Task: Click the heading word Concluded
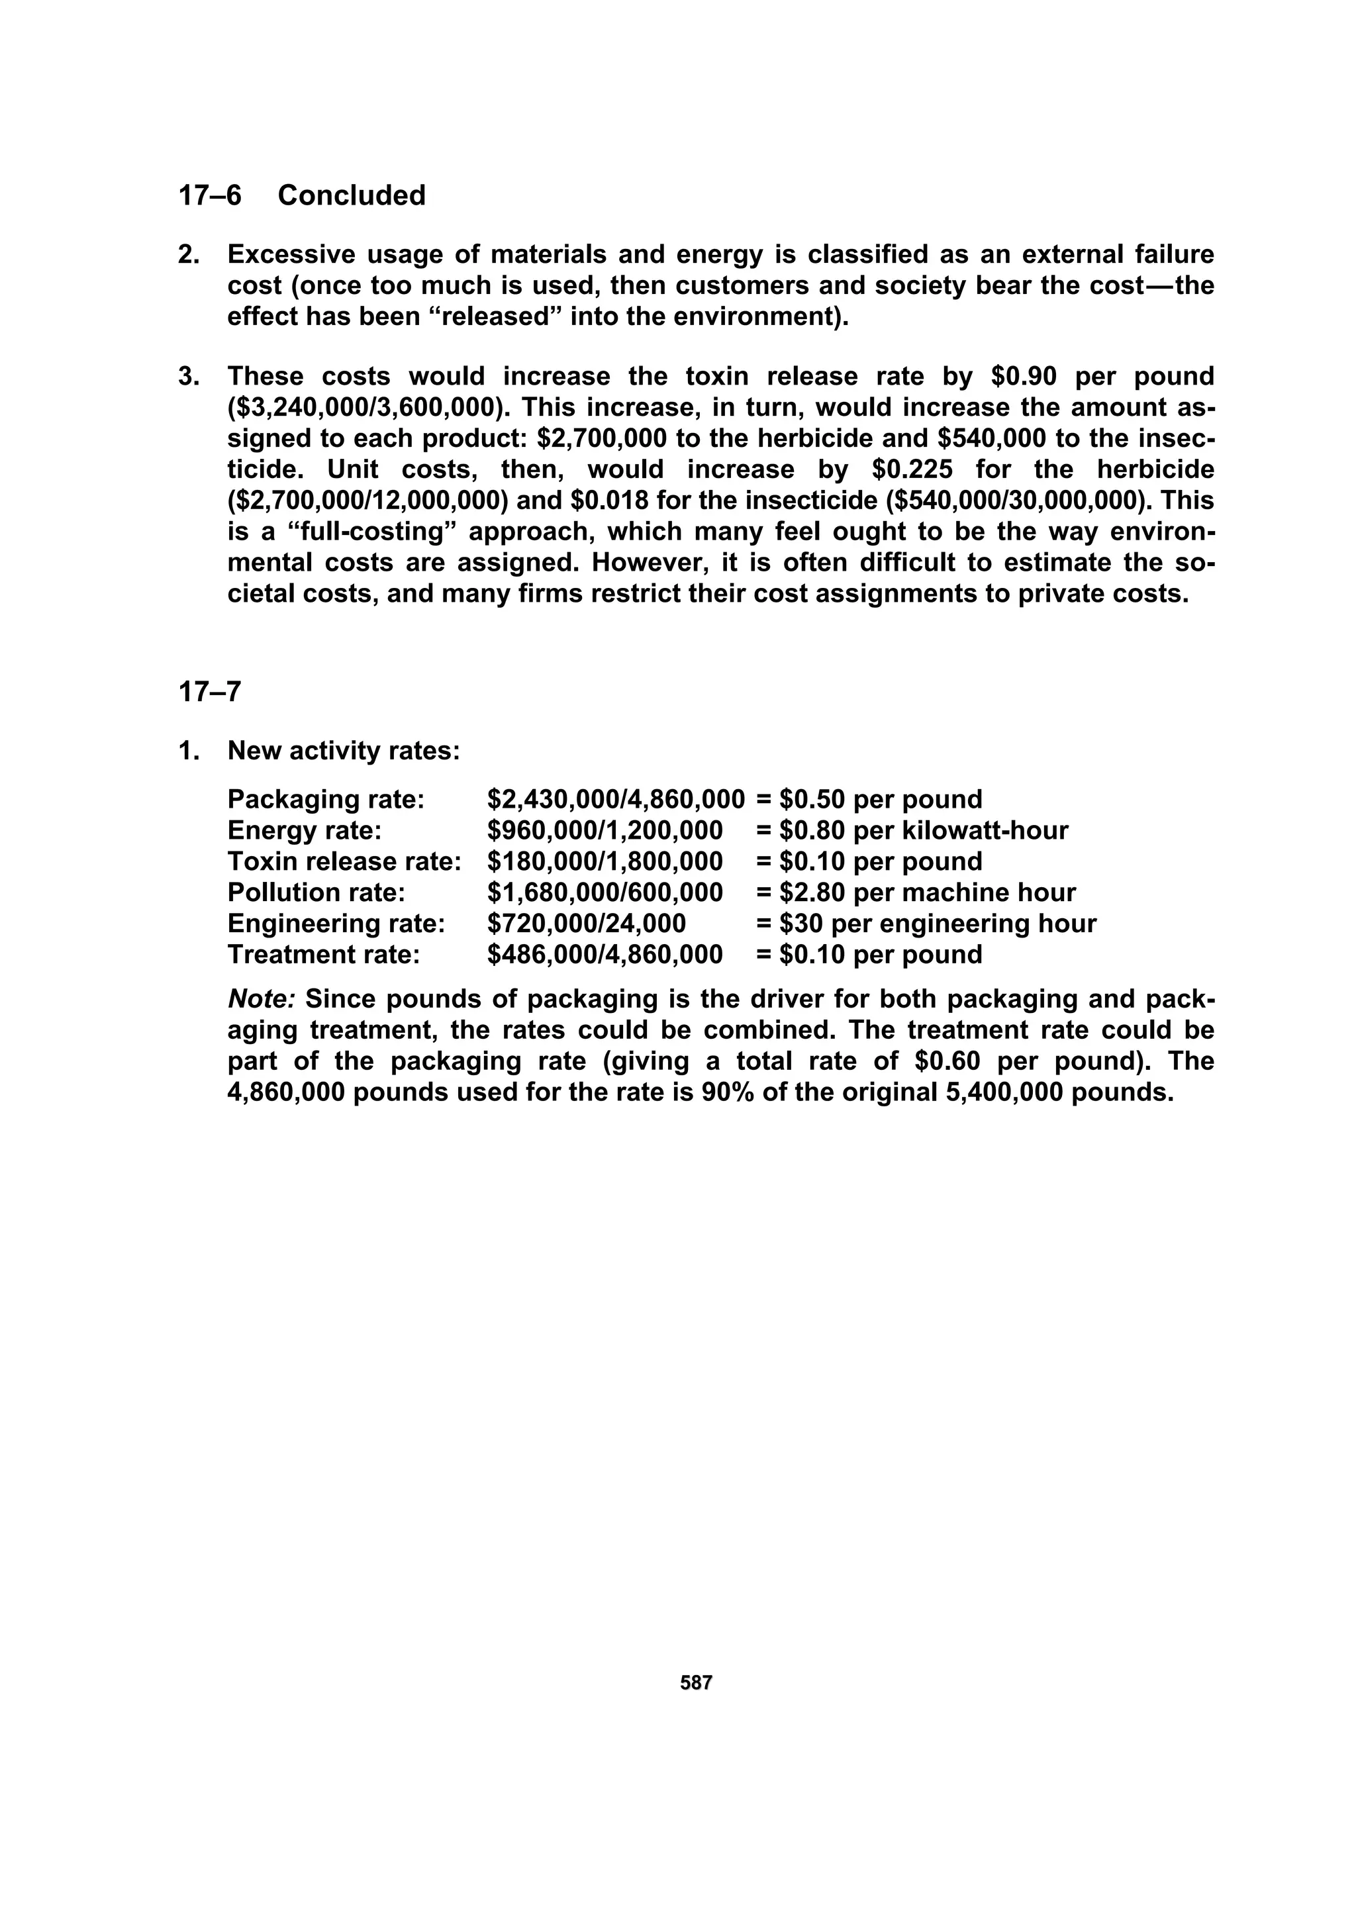coord(351,195)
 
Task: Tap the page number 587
coord(696,1682)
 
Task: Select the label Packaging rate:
coord(326,800)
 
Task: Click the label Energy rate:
coord(304,830)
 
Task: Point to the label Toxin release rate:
coord(344,861)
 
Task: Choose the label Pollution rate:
coord(316,892)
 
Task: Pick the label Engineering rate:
coord(336,923)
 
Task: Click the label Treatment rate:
coord(323,954)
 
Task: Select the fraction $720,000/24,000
coord(587,923)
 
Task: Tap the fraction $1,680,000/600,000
coord(605,892)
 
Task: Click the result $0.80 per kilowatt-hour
coord(923,830)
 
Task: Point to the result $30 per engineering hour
coord(938,923)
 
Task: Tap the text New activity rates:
coord(344,751)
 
